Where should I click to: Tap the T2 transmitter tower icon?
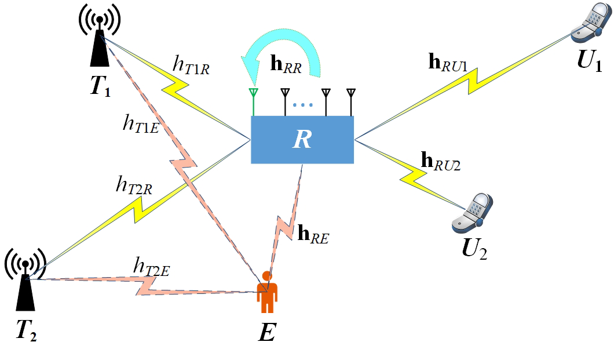click(x=25, y=285)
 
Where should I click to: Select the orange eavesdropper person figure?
click(x=267, y=292)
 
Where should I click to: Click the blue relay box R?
click(x=302, y=140)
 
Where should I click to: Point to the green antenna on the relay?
click(x=253, y=102)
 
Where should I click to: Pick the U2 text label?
click(x=473, y=250)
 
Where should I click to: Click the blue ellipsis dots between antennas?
click(x=303, y=106)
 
